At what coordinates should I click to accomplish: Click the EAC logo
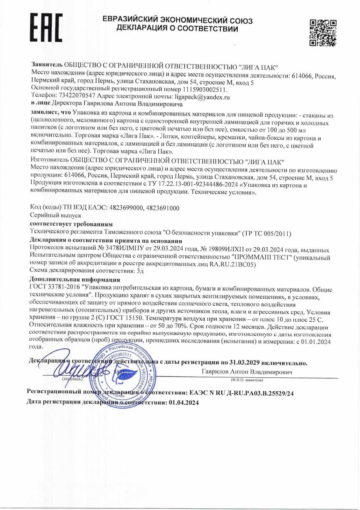46,28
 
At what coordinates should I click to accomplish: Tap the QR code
322,33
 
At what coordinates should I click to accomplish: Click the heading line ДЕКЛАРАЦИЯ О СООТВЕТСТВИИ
177,29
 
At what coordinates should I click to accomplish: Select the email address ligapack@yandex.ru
202,97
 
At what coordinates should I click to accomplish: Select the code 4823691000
162,208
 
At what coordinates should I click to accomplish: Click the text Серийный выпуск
51,216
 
